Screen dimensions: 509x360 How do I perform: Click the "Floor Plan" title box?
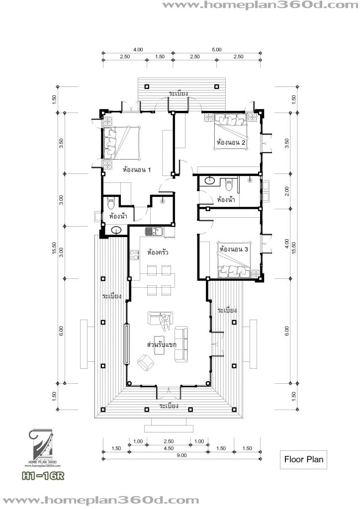click(x=303, y=459)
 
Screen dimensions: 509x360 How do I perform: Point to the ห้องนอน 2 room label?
click(x=232, y=143)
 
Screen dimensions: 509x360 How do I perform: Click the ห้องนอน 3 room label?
click(x=234, y=249)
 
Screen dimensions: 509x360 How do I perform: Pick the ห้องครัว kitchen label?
click(x=157, y=253)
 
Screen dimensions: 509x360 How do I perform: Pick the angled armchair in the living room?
click(x=145, y=361)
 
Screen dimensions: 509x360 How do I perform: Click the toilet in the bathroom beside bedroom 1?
click(x=111, y=202)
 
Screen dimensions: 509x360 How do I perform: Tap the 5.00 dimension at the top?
click(x=217, y=50)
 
